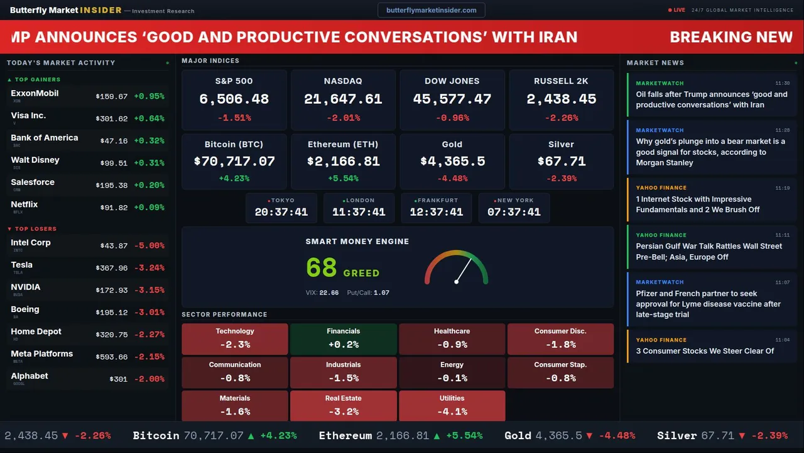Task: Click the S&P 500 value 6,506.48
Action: (x=234, y=99)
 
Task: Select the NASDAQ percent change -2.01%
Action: (x=343, y=118)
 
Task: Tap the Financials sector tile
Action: (x=343, y=338)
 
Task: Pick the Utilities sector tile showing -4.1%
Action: (x=452, y=406)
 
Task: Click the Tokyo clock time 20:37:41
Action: (x=281, y=212)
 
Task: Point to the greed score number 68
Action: (x=322, y=268)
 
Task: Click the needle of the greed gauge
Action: (x=462, y=271)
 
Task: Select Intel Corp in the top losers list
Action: (x=31, y=243)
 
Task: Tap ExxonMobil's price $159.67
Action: (x=112, y=97)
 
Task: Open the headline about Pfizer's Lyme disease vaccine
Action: (x=708, y=304)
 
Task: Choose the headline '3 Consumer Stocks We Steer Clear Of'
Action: (x=705, y=351)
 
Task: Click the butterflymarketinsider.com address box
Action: (x=431, y=10)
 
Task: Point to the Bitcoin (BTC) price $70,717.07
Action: (x=234, y=162)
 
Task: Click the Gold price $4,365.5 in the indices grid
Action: (x=452, y=162)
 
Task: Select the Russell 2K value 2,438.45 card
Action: (x=561, y=99)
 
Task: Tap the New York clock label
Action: (x=515, y=201)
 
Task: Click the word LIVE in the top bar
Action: (x=680, y=10)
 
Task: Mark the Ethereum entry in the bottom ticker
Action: (x=345, y=435)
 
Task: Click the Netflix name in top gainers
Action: (x=24, y=204)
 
